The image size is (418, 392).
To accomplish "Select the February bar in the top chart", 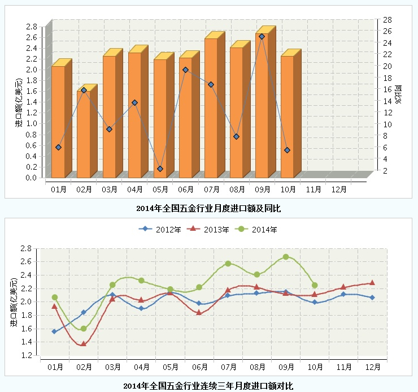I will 84,136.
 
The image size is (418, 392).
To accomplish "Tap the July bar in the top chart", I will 211,113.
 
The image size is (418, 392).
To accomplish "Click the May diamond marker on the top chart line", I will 160,169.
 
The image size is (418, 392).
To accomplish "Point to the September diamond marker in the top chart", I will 262,37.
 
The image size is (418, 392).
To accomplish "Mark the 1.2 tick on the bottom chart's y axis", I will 25,355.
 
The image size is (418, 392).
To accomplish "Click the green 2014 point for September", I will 286,257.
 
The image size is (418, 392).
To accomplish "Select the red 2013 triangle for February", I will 84,343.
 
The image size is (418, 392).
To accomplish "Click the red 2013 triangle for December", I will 372,283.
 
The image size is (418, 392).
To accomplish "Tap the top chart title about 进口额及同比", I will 208,209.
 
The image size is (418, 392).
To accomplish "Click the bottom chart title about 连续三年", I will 208,386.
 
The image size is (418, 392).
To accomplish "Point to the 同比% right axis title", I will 398,94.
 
